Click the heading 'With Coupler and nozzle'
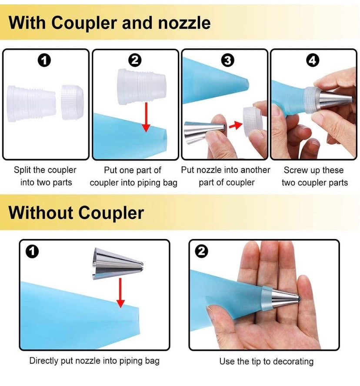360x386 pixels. (x=110, y=23)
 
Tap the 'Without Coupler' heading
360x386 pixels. (x=76, y=213)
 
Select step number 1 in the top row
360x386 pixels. (x=44, y=60)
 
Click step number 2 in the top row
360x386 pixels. (x=135, y=60)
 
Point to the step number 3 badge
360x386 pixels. (x=227, y=60)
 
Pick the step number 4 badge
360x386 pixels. (x=313, y=60)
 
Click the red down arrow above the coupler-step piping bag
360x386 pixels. (x=146, y=117)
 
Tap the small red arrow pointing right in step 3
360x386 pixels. (x=235, y=125)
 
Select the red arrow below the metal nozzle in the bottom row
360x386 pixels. (x=120, y=293)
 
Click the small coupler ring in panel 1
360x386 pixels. (x=73, y=102)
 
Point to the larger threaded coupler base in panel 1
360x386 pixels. (x=31, y=103)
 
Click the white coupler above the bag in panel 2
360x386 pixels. (x=142, y=86)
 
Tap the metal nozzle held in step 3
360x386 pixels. (x=204, y=133)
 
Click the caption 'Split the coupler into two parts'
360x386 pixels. (x=45, y=176)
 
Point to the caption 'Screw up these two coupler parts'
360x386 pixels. (x=314, y=176)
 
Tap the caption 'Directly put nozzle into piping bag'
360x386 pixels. (x=94, y=361)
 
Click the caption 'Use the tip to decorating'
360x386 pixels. (x=267, y=361)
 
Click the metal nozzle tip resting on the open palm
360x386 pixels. (x=286, y=298)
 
